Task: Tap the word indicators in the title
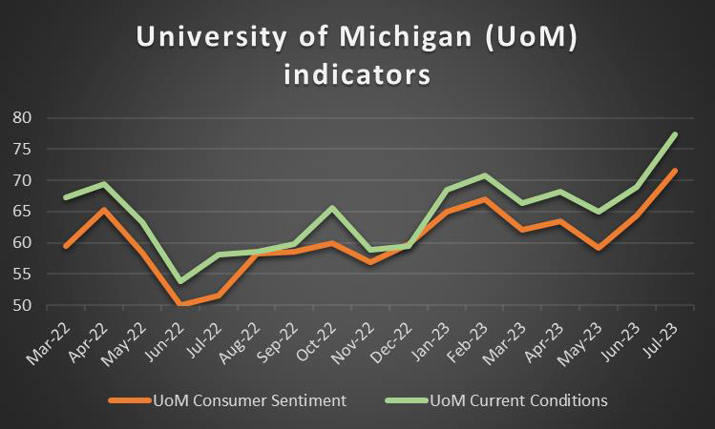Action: tap(357, 73)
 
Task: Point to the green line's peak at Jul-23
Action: tap(675, 134)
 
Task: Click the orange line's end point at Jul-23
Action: tap(675, 171)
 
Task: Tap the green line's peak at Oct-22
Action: tap(331, 208)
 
